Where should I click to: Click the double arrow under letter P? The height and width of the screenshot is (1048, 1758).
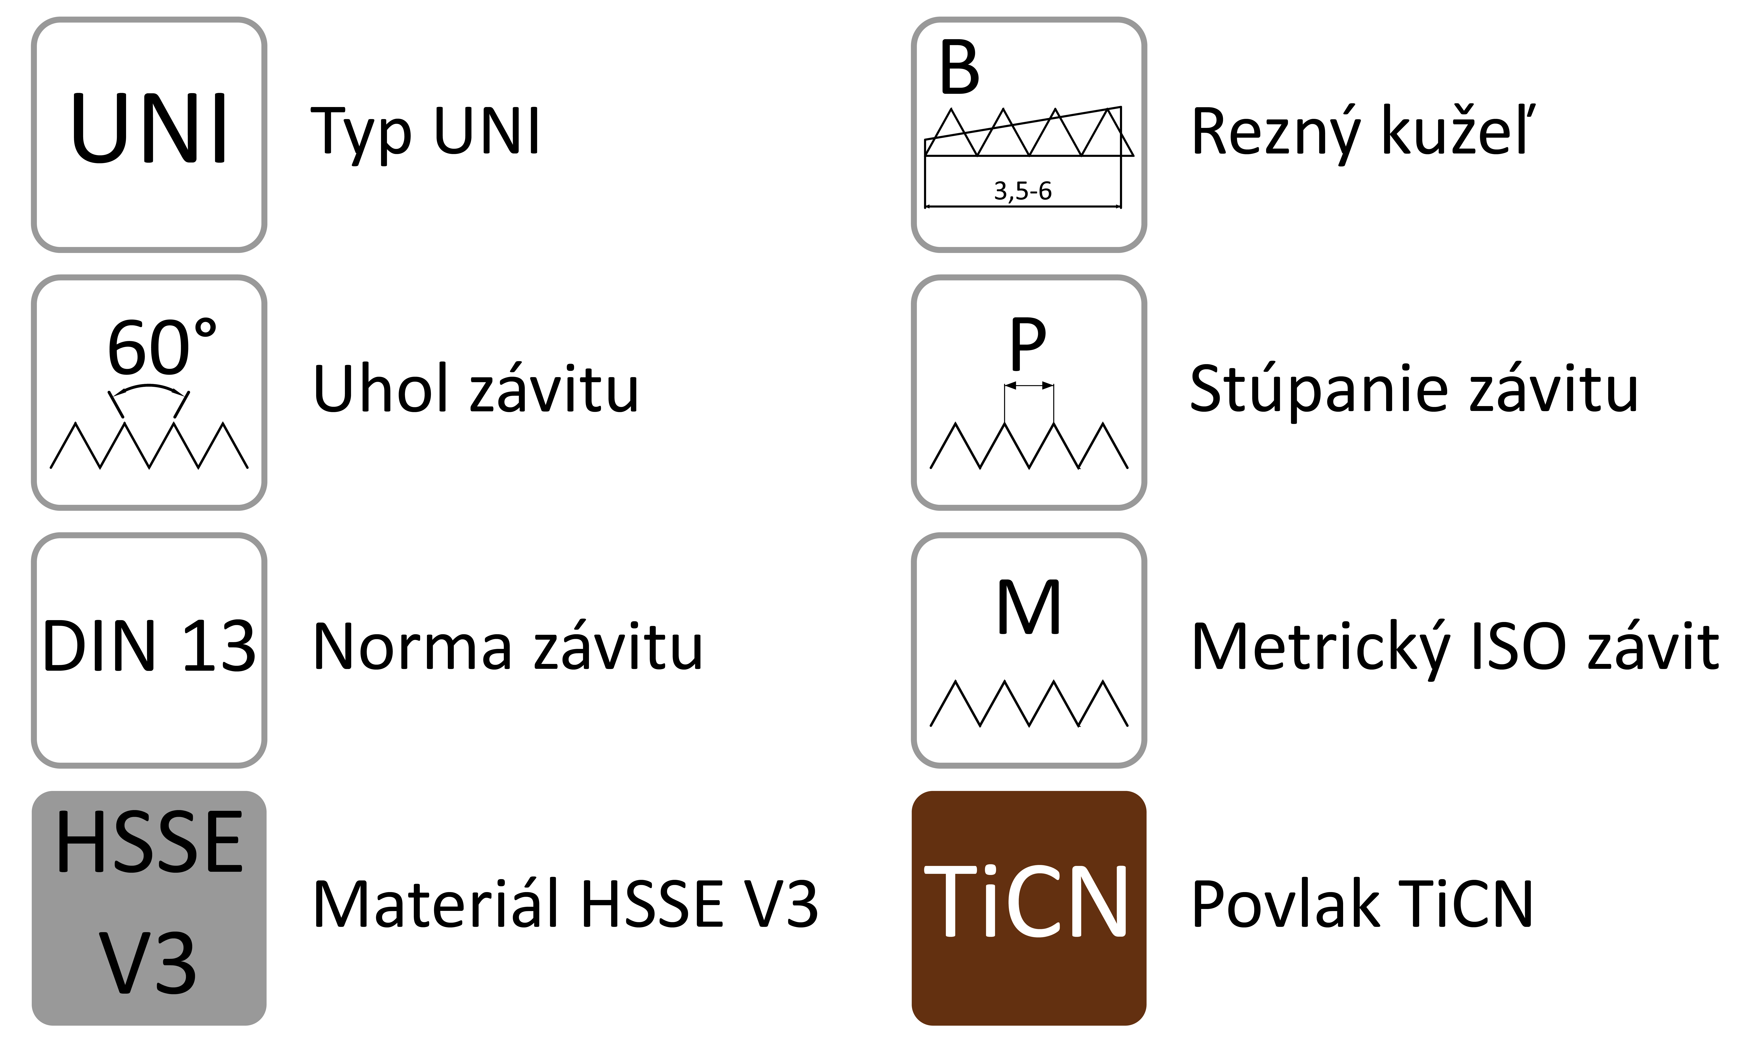(1029, 386)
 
